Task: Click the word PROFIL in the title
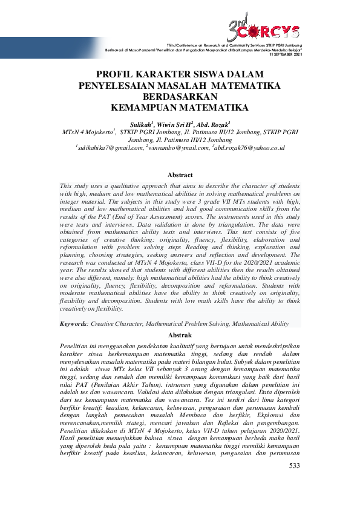point(114,75)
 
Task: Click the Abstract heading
point(180,175)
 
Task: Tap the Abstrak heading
point(180,334)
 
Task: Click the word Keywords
point(73,324)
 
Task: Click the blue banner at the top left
point(48,47)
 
